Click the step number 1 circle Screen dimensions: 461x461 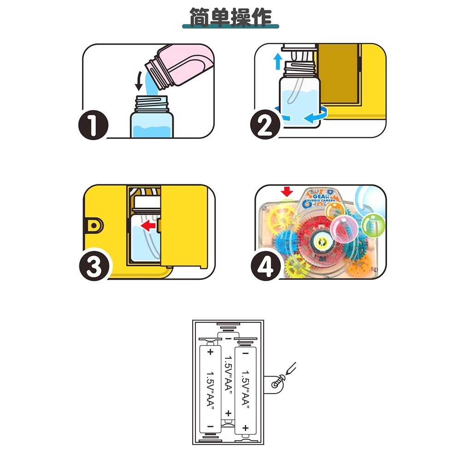[94, 125]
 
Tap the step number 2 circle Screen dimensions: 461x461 [266, 124]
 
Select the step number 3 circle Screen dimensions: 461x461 [94, 267]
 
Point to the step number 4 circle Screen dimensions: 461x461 [266, 266]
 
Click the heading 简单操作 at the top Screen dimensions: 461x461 [230, 18]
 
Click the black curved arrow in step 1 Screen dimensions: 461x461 [138, 82]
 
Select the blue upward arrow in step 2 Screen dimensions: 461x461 [277, 61]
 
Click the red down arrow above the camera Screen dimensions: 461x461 [287, 192]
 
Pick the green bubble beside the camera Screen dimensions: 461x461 [373, 226]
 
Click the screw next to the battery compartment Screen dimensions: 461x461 [278, 383]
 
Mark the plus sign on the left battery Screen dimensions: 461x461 [210, 352]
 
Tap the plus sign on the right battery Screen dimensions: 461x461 [246, 428]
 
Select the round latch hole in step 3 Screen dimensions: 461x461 [94, 226]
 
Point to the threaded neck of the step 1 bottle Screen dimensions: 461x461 [151, 103]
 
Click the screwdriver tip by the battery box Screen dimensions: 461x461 [287, 373]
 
